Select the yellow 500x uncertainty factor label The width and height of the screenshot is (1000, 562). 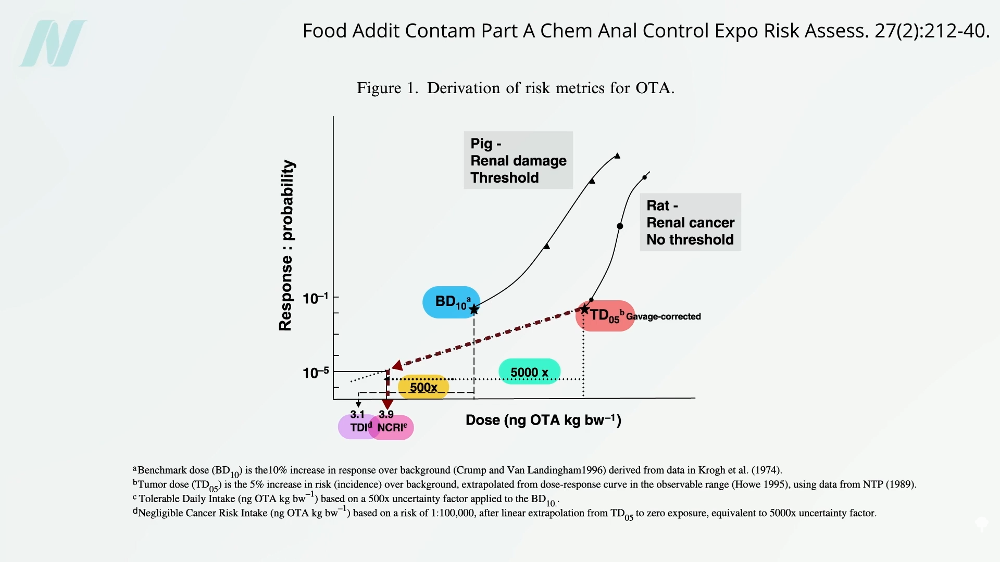[x=423, y=387]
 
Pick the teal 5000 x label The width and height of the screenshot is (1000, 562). [x=529, y=372]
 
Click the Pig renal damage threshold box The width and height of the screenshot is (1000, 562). [x=518, y=160]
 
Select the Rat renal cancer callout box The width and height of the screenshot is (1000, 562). [x=690, y=222]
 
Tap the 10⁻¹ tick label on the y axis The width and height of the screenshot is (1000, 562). [x=316, y=299]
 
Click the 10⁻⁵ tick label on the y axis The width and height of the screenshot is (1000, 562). [x=316, y=373]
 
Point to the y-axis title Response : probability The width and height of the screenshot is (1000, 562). [x=286, y=245]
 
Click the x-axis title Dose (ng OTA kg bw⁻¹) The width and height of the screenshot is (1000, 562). [x=543, y=420]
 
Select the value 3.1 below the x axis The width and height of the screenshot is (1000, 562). [x=357, y=415]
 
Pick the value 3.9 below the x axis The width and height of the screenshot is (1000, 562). [x=386, y=415]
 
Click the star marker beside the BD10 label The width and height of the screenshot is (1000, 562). [x=474, y=310]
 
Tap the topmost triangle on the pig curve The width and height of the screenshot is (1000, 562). [x=617, y=156]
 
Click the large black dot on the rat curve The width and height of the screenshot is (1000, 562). [x=620, y=226]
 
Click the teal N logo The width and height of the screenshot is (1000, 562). [x=53, y=44]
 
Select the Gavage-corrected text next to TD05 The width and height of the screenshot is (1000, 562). [x=663, y=316]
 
